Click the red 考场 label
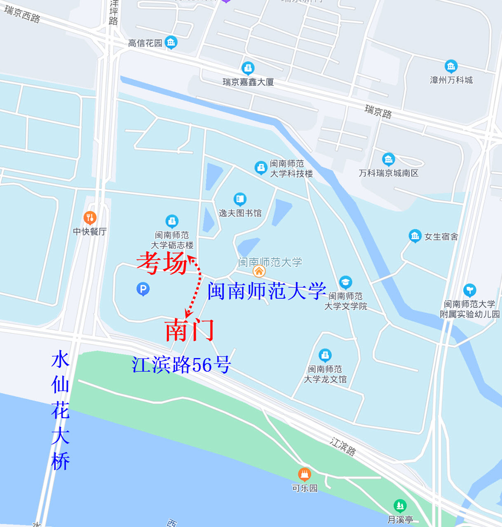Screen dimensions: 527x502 click(x=162, y=264)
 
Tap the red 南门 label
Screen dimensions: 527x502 click(x=189, y=331)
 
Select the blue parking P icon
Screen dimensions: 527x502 click(x=143, y=288)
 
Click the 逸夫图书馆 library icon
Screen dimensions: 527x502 click(x=240, y=199)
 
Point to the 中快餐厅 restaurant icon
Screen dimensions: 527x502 click(x=90, y=218)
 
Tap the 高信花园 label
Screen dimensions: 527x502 click(x=145, y=43)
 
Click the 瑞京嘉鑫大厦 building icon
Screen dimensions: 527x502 click(x=248, y=68)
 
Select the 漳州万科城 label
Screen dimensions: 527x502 click(x=451, y=80)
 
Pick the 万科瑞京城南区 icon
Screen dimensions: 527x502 click(x=388, y=159)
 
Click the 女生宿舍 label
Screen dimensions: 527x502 click(x=441, y=237)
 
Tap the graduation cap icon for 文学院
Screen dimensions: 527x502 click(x=345, y=282)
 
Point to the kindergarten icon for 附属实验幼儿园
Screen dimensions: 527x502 click(x=469, y=290)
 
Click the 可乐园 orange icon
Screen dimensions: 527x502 click(x=305, y=473)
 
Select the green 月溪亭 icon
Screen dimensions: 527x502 click(x=401, y=505)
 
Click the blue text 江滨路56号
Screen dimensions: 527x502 click(x=181, y=365)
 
